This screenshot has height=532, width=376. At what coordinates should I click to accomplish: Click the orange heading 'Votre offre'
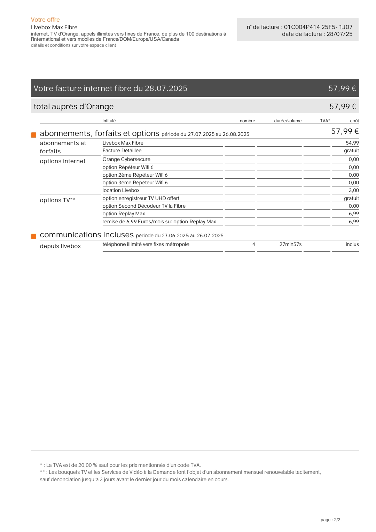pos(45,20)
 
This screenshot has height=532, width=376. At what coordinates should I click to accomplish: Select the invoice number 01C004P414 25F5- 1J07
pos(318,27)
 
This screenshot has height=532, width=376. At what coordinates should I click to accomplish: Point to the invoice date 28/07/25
pos(339,34)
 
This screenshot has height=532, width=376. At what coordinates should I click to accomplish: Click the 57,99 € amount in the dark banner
pos(342,88)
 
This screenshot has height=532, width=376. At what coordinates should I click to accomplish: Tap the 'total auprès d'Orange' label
pos(73,107)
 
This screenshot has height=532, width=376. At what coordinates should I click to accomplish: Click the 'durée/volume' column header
pos(288,121)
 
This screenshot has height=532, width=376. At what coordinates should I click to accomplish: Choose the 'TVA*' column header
pos(325,121)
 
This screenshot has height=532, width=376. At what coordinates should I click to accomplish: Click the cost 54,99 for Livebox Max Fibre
pos(352,143)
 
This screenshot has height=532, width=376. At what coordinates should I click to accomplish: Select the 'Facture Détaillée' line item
pos(122,151)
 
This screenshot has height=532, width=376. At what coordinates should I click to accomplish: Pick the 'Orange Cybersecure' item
pos(126,160)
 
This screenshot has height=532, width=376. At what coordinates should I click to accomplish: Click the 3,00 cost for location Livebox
pos(353,190)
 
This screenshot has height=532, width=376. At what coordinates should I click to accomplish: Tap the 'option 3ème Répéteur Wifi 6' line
pos(135,183)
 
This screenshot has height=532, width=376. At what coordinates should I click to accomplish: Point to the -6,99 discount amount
pos(353,222)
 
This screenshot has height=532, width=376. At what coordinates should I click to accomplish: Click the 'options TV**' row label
pos(57,200)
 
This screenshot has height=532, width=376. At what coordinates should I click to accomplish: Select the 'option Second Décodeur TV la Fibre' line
pos(144,206)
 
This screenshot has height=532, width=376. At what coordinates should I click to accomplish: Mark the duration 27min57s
pos(290,245)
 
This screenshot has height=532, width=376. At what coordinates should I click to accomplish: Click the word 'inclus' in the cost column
pos(352,245)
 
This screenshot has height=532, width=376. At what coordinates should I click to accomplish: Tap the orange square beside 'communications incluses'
pos(34,236)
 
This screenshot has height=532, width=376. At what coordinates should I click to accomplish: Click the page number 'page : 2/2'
pos(330,520)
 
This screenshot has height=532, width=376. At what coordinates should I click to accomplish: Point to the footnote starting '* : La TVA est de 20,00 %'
pos(120,465)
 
